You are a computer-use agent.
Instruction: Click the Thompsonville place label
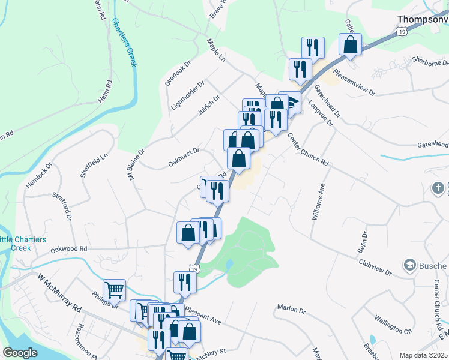tap(423, 19)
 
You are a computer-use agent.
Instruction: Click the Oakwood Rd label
tap(69, 248)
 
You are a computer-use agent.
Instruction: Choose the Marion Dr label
tap(292, 309)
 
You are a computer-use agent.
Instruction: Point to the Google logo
tap(20, 353)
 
